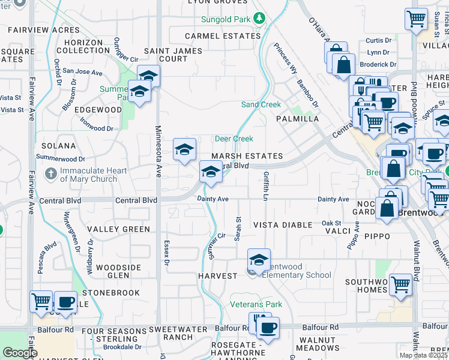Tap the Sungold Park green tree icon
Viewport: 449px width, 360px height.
point(259,19)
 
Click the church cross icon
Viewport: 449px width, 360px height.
point(51,175)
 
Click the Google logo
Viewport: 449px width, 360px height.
point(19,353)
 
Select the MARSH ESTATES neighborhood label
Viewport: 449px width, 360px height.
point(247,156)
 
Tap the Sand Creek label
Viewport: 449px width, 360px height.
point(261,104)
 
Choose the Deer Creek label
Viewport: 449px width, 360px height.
point(234,139)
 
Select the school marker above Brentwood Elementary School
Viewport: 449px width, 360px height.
point(259,260)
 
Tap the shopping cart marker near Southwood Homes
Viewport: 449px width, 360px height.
point(400,286)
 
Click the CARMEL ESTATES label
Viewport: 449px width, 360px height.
point(223,36)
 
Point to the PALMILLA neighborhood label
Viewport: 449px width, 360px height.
point(297,119)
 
